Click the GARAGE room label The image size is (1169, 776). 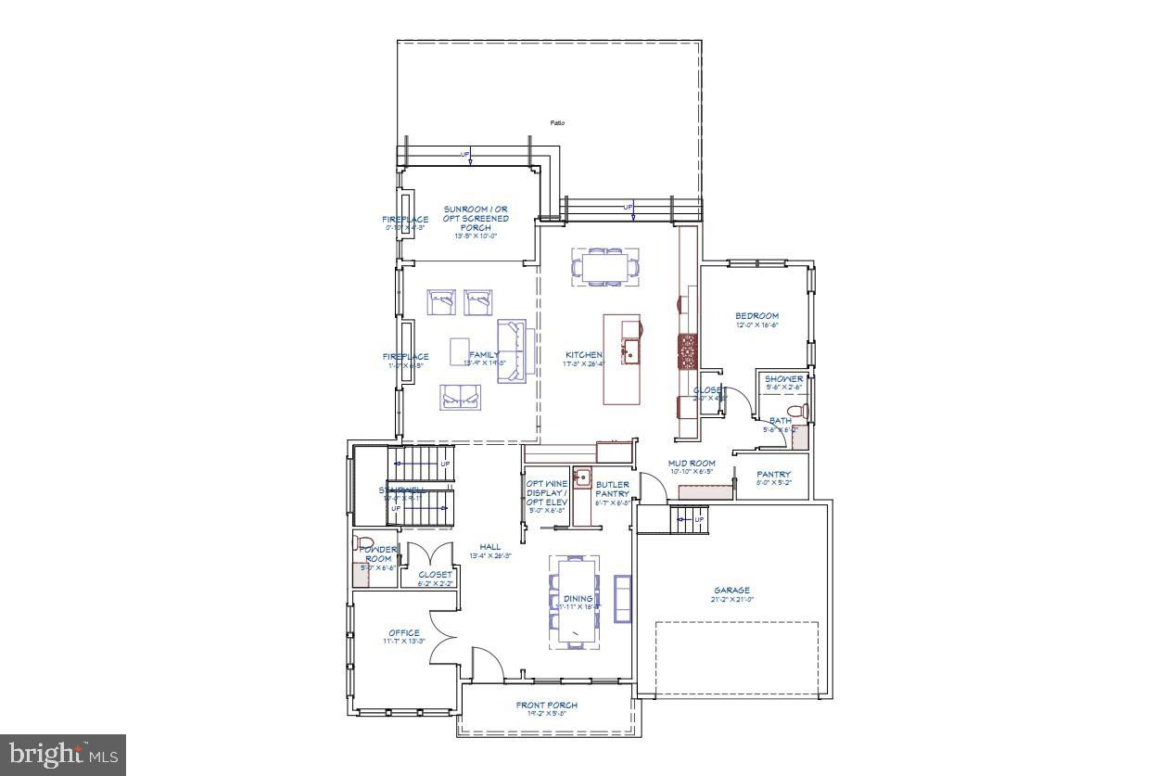(x=731, y=591)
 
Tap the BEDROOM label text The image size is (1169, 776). (x=756, y=316)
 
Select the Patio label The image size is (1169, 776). (x=557, y=122)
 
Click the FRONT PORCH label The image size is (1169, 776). (x=547, y=706)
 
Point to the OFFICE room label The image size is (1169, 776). (x=404, y=633)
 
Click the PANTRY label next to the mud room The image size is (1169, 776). (x=773, y=475)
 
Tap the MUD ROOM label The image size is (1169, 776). (x=692, y=463)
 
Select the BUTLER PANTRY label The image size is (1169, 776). (x=612, y=490)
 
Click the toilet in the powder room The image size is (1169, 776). (x=362, y=543)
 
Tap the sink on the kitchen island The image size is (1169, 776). (x=631, y=350)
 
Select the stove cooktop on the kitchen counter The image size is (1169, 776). (x=688, y=351)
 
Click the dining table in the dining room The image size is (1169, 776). (x=574, y=601)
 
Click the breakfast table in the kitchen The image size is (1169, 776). (x=604, y=266)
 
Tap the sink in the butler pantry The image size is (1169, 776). (x=582, y=478)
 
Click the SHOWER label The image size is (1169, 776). (x=783, y=379)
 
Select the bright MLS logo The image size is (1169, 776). (x=62, y=755)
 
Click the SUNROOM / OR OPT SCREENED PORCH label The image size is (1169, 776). (x=475, y=219)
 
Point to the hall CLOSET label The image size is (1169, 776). (x=435, y=575)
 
